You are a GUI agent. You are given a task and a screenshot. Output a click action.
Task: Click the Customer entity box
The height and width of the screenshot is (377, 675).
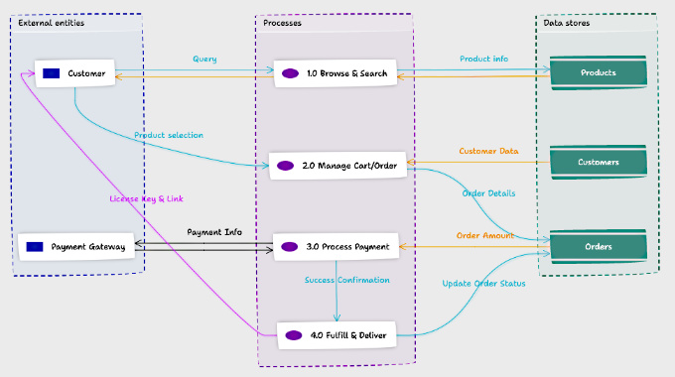click(76, 72)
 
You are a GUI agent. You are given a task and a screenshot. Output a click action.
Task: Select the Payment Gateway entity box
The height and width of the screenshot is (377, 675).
click(76, 246)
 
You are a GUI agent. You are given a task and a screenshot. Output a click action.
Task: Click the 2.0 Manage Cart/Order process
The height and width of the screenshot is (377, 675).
click(338, 165)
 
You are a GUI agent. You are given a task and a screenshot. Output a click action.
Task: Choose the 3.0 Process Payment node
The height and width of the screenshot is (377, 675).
click(337, 246)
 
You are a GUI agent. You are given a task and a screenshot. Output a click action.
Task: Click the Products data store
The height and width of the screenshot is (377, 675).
click(599, 72)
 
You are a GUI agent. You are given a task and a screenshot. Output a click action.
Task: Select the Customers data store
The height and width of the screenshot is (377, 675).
click(599, 162)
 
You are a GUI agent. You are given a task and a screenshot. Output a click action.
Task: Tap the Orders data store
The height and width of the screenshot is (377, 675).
click(599, 246)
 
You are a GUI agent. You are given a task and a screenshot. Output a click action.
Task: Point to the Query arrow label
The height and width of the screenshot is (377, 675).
click(204, 60)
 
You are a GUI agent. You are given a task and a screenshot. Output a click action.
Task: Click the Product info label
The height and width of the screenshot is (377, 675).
click(483, 60)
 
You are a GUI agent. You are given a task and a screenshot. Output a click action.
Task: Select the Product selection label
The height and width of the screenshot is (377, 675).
click(169, 135)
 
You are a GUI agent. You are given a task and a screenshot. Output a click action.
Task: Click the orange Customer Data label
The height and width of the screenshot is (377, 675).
click(488, 152)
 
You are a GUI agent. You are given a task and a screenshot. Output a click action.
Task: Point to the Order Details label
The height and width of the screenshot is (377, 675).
click(487, 193)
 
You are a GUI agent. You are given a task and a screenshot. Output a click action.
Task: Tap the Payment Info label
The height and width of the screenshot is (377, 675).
click(214, 232)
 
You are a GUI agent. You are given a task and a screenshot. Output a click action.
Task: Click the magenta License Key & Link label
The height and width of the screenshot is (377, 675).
click(146, 198)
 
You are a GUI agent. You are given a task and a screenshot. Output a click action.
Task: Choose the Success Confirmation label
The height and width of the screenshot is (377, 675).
click(346, 280)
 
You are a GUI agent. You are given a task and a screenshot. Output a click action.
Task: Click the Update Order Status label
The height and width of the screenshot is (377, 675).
click(483, 285)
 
